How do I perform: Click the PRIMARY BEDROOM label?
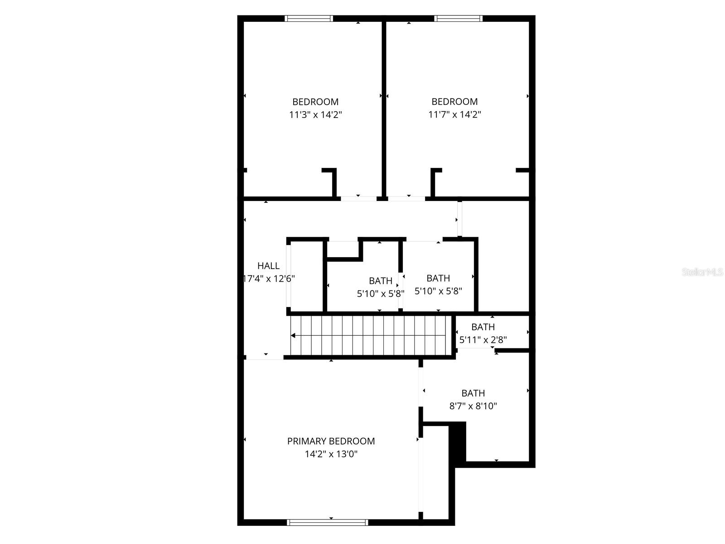[x=331, y=441]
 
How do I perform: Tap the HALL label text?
[x=268, y=266]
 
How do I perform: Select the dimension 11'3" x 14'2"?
[x=315, y=115]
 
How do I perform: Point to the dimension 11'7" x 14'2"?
[x=454, y=115]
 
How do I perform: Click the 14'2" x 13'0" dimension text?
[x=331, y=454]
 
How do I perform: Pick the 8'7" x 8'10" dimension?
[x=473, y=406]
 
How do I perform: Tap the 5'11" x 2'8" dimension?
[x=483, y=339]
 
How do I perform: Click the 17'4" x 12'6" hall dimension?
[x=269, y=279]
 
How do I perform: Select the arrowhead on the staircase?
[x=293, y=336]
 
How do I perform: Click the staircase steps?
[x=372, y=336]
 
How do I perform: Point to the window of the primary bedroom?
[x=328, y=522]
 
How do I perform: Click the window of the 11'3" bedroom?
[x=309, y=19]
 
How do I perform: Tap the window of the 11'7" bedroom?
[x=458, y=19]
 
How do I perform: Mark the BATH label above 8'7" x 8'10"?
[x=473, y=393]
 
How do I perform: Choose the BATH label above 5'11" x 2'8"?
[x=483, y=327]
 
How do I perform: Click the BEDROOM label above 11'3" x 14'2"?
[x=315, y=102]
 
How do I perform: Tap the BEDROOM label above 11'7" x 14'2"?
[x=454, y=102]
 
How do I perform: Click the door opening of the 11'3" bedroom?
[x=358, y=198]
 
